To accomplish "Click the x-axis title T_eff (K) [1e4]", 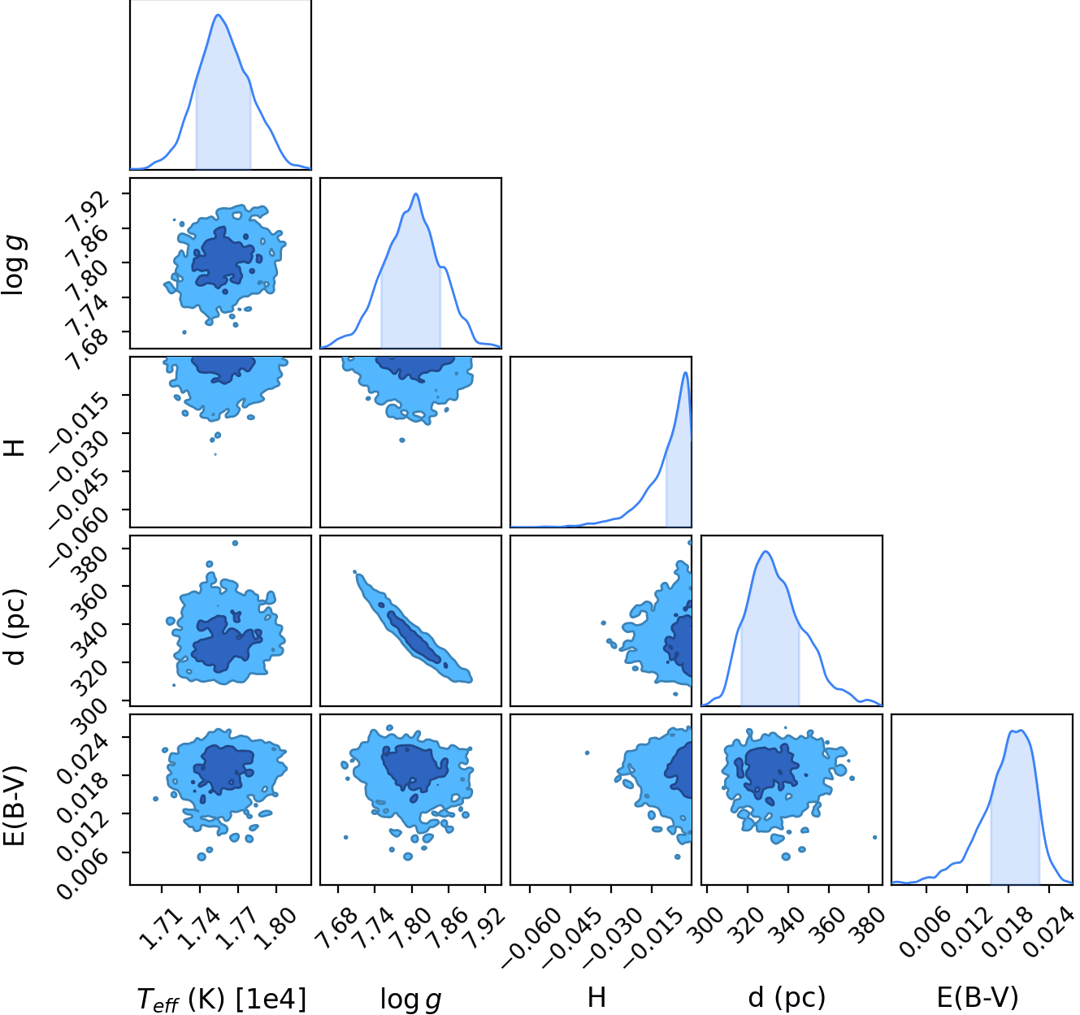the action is [221, 999].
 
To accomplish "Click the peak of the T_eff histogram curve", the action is [218, 15].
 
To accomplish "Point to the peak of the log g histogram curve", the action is [416, 193].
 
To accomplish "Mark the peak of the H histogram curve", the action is [686, 373].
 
